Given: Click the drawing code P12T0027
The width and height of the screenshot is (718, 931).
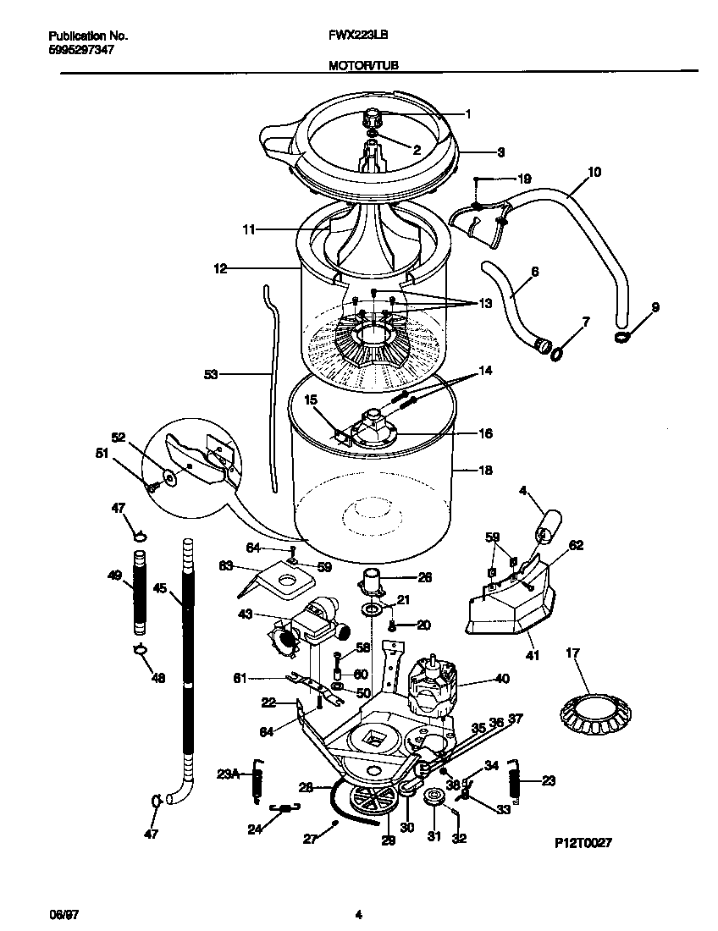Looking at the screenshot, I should (583, 843).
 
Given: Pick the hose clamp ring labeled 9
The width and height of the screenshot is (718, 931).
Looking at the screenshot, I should (624, 339).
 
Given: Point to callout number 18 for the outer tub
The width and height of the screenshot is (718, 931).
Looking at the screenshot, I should (485, 471).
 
